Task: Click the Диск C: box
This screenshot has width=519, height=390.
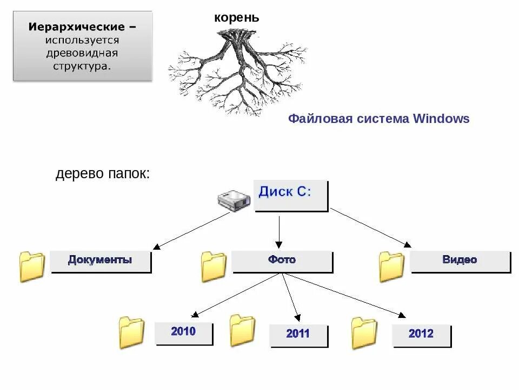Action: tap(291, 195)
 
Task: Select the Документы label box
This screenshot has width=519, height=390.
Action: tap(100, 261)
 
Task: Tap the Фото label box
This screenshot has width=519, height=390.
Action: tap(282, 261)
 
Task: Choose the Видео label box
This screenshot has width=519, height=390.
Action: tap(460, 261)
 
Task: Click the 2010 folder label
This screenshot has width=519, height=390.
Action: tap(183, 333)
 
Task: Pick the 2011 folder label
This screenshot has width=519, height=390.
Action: tap(298, 335)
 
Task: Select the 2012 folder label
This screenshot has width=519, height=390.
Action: tap(421, 335)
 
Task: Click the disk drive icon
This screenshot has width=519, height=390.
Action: tap(234, 201)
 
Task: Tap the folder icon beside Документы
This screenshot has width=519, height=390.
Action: tap(32, 266)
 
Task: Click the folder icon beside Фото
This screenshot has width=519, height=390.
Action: tap(214, 266)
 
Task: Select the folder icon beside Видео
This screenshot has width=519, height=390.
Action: tap(391, 266)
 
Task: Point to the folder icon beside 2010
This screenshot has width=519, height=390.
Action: tap(132, 333)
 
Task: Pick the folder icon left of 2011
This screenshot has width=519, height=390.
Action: tap(242, 330)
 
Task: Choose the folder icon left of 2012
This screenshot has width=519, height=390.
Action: tap(364, 333)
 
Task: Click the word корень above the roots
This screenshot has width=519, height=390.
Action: tap(237, 18)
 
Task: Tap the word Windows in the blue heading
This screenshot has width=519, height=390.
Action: tap(441, 119)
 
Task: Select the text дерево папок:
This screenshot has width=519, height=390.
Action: tap(102, 174)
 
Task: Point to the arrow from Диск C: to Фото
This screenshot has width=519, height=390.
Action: tap(279, 232)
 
